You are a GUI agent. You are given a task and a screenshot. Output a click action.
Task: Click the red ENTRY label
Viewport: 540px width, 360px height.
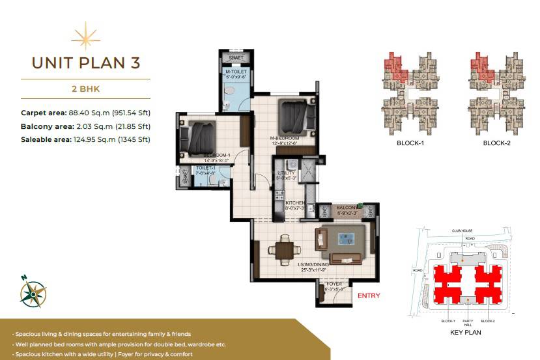pos(369,296)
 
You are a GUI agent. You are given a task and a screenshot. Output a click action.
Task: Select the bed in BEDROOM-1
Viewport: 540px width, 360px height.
pos(197,136)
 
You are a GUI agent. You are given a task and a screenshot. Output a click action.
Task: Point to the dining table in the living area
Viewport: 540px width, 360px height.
pos(283,248)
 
